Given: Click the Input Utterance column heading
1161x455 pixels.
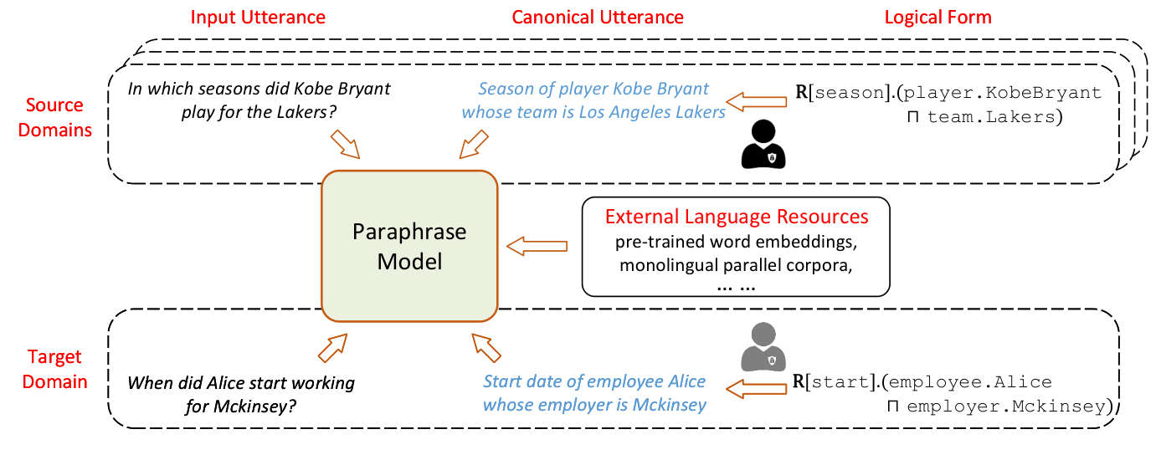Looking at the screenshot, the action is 258,18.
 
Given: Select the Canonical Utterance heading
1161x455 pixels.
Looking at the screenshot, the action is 598,18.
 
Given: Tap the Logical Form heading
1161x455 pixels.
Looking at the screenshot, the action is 938,18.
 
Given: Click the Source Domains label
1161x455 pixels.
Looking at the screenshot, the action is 54,117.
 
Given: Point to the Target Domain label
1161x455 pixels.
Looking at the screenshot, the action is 54,369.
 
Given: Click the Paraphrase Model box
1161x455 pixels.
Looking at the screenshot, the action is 409,247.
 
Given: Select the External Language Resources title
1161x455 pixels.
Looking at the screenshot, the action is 737,217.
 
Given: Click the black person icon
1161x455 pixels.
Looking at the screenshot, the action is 763,144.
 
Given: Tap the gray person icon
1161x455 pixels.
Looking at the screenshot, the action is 763,347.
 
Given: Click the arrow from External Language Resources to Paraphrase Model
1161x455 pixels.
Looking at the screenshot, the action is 537,246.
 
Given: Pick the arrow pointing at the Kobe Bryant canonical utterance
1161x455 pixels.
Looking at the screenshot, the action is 756,101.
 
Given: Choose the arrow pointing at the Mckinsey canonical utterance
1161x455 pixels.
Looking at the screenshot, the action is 756,389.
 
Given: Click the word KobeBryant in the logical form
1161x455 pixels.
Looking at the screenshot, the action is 1043,93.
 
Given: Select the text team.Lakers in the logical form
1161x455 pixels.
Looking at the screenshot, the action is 990,117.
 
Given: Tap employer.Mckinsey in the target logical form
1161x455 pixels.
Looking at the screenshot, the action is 1006,406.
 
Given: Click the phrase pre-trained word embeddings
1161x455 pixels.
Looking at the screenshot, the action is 736,242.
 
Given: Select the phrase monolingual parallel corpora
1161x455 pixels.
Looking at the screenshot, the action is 736,265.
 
